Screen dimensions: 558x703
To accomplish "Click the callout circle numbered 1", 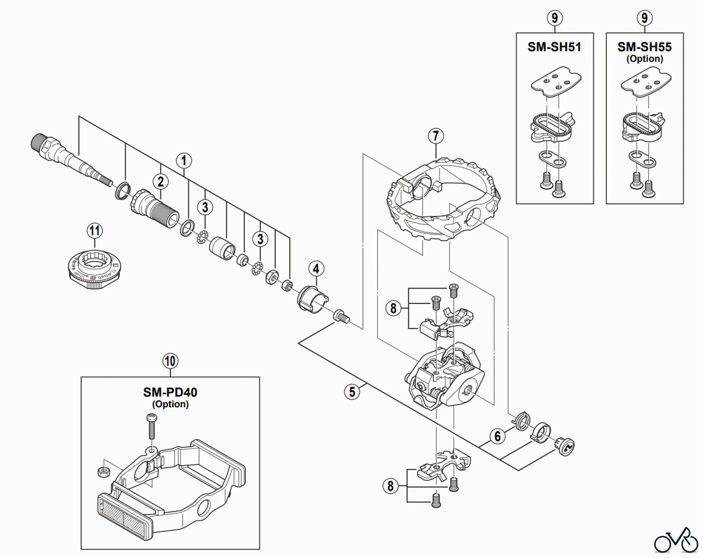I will click(x=184, y=161).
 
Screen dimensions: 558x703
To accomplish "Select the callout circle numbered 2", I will click(x=161, y=181).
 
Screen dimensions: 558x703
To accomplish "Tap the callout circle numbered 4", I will click(x=316, y=269).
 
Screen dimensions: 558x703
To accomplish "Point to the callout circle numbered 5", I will click(x=352, y=391).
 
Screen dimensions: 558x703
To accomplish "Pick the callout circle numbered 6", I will click(x=497, y=436).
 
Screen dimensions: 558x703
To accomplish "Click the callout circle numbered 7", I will click(x=436, y=136).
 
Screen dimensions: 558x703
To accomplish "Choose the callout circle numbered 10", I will click(x=170, y=361).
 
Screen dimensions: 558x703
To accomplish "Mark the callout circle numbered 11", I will click(x=95, y=231).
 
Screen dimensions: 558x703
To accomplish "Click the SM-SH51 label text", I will click(x=554, y=47).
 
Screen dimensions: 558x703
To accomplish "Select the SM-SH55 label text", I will click(x=644, y=47).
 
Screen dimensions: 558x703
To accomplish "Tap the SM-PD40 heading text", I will click(x=170, y=392).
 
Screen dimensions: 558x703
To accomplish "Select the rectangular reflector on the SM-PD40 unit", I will click(x=123, y=515).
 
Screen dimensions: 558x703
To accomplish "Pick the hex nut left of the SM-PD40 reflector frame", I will click(x=102, y=472).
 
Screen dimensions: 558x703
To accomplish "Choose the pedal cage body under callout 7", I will click(x=443, y=199).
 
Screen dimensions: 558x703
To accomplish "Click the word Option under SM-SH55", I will click(x=644, y=59).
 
